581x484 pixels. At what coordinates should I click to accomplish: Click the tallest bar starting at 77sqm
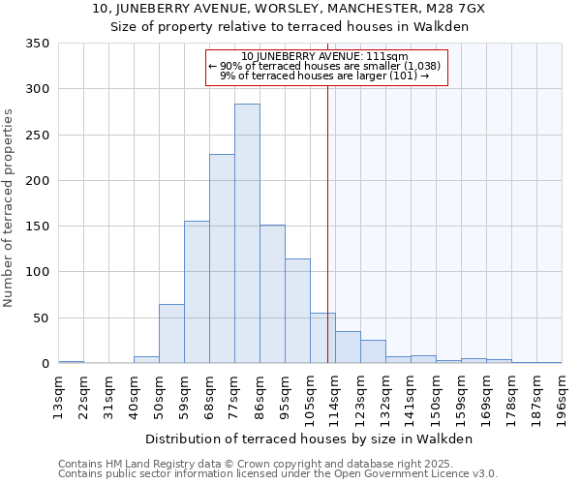[247, 233]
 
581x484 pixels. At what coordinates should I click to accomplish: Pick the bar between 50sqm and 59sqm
[171, 334]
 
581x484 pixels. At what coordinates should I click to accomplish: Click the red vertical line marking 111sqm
[327, 194]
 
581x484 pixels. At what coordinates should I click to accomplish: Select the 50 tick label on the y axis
[41, 318]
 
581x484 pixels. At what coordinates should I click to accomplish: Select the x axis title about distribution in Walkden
[309, 439]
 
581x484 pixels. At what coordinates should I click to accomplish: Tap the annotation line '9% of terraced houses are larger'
[324, 76]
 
